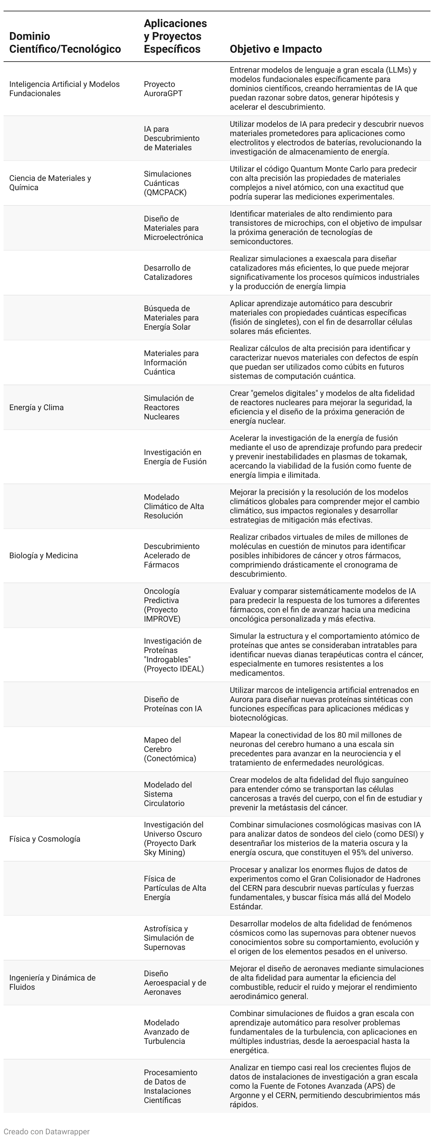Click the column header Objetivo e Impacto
276,49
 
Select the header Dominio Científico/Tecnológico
65,42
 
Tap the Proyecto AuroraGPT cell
163,89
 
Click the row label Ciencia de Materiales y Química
50,183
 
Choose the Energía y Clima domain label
36,408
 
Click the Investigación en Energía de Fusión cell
175,457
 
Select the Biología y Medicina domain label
43,556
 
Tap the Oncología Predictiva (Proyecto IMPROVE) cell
162,605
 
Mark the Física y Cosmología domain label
45,839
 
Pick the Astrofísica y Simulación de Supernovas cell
169,938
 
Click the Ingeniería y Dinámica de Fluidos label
52,982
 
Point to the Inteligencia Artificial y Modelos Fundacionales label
64,89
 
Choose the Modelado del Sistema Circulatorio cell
168,794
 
